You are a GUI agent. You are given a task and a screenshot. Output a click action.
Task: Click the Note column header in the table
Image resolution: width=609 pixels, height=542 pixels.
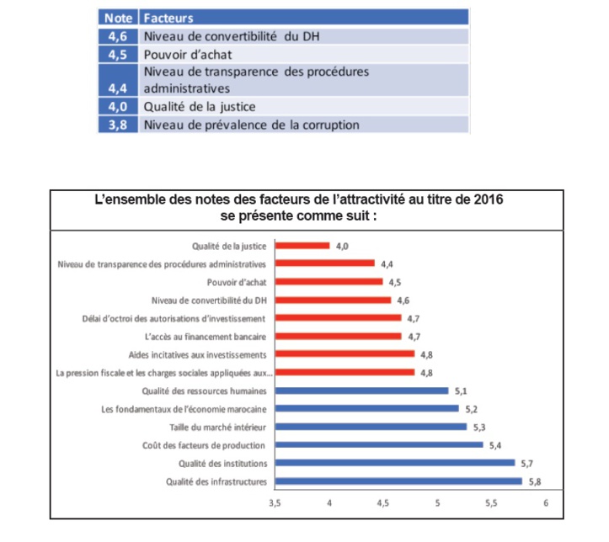[x=118, y=17]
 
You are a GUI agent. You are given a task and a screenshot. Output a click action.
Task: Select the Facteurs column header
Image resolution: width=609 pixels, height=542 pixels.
[x=168, y=17]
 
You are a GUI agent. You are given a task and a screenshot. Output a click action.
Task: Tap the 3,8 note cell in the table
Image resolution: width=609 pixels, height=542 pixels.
[x=118, y=125]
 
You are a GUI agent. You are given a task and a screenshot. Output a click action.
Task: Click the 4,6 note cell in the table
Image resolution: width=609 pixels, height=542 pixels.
[x=118, y=36]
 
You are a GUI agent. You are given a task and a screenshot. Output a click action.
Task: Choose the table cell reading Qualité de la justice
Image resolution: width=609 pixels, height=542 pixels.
[x=200, y=107]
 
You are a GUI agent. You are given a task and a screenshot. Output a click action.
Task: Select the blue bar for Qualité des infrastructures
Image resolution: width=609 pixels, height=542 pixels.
[x=398, y=481]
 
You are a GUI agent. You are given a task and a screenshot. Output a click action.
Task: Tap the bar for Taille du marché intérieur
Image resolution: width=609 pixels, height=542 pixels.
[x=371, y=427]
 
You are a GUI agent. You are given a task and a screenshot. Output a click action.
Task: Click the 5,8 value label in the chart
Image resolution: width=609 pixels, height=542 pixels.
[x=534, y=481]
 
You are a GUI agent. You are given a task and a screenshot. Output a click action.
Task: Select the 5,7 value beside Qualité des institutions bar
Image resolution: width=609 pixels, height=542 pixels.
[x=527, y=463]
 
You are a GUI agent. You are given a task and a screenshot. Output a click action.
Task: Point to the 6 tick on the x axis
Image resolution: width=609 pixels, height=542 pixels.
[x=546, y=505]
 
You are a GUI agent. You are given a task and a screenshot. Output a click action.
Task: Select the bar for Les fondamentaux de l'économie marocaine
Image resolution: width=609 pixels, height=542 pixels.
[x=366, y=409]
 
